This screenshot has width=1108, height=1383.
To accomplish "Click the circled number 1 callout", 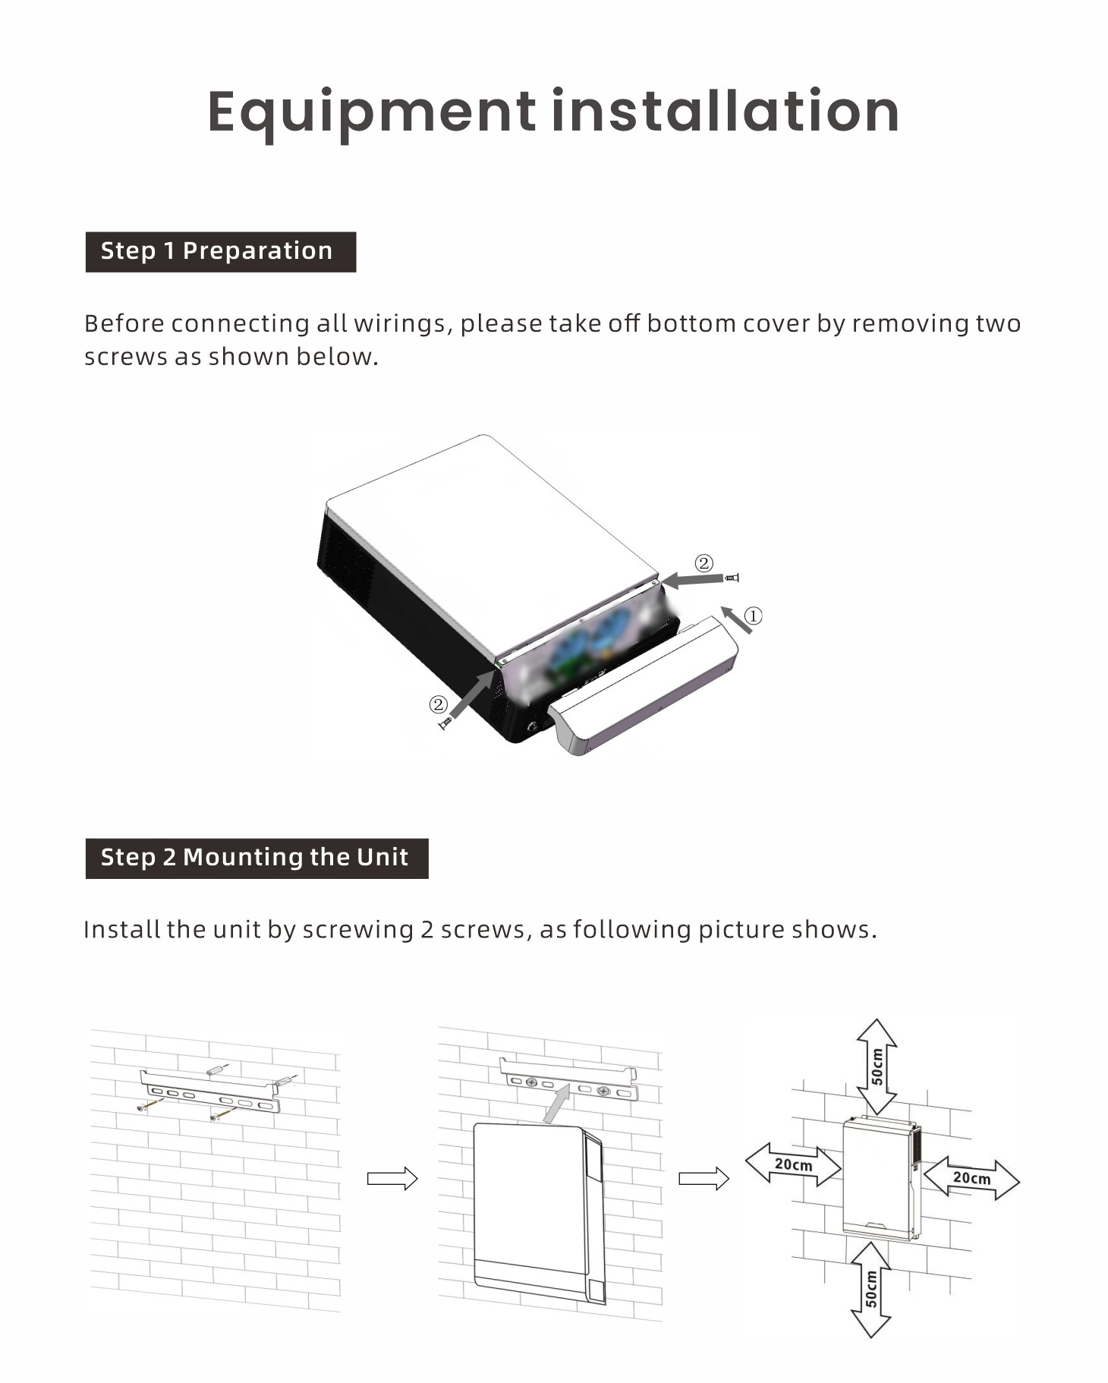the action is click(753, 616).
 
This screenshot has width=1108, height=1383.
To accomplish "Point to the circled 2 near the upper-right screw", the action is click(704, 563).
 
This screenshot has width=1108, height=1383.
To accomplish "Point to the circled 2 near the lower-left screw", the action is click(438, 704).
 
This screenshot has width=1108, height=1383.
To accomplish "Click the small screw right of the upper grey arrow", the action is click(732, 578).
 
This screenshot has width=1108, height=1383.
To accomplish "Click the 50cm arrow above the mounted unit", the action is click(877, 1066).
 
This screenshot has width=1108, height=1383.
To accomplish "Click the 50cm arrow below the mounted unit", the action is click(871, 1289).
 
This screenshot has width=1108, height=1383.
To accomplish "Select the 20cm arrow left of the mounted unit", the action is click(794, 1164).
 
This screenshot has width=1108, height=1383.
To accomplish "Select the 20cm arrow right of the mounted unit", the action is click(972, 1178).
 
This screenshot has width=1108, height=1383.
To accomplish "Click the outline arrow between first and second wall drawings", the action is click(392, 1178).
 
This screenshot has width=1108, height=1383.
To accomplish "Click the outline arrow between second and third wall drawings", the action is click(704, 1178).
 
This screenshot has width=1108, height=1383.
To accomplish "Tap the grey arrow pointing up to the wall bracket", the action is click(559, 1103).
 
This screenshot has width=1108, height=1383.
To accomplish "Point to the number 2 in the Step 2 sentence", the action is click(427, 930).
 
